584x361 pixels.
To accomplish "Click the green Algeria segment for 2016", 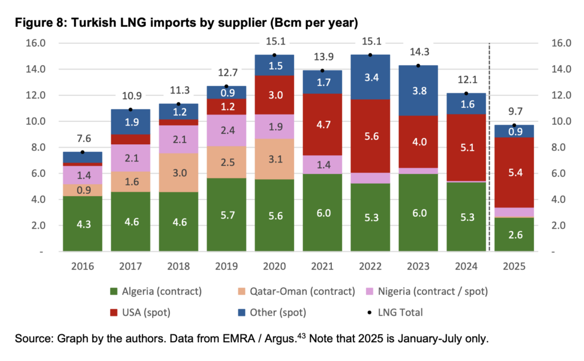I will coord(82,224).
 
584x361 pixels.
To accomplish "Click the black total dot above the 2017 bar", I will coord(130,109).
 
